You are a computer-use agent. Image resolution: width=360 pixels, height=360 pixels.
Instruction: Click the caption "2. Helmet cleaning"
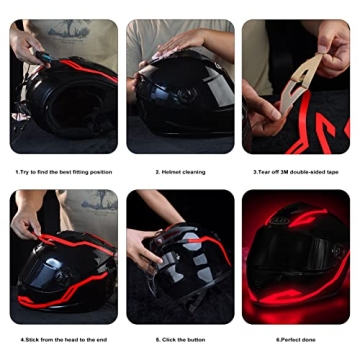pyautogui.click(x=180, y=172)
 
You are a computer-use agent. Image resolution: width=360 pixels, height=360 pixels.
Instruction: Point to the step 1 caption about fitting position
pyautogui.click(x=64, y=172)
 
